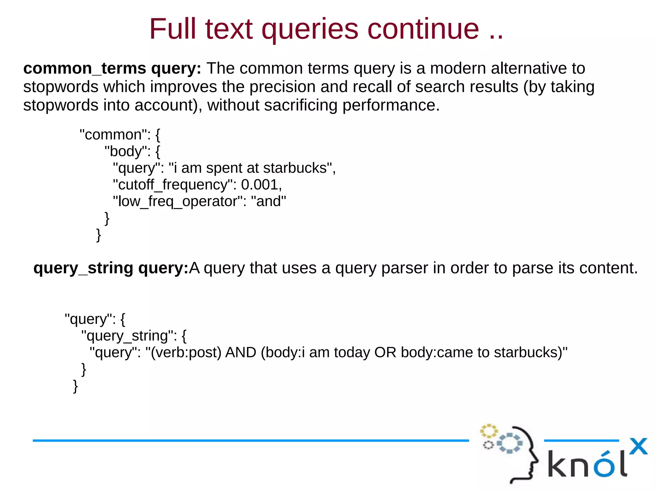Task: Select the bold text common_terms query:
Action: (x=112, y=69)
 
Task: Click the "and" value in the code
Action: (x=269, y=201)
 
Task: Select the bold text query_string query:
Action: (x=111, y=268)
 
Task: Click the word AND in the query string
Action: (x=241, y=352)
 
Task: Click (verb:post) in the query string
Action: (x=186, y=353)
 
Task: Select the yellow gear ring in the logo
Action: (x=488, y=431)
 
